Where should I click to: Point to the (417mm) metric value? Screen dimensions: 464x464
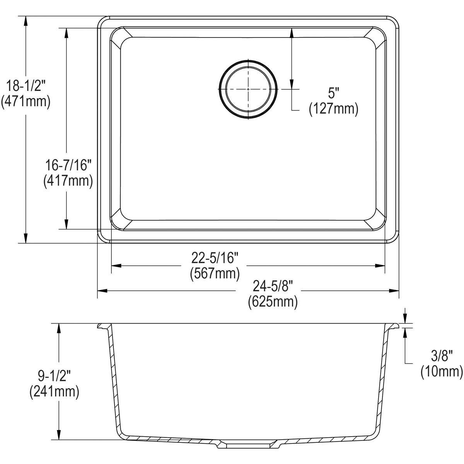coord(68,181)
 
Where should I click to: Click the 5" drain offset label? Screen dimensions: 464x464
coord(333,93)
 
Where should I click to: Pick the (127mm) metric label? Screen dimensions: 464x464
coord(333,109)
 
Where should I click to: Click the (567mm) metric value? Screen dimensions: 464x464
coord(215,273)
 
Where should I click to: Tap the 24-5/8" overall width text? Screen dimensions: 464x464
coord(273,286)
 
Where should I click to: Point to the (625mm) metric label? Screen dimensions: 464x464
coord(273,302)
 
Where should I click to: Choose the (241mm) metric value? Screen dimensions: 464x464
coord(54,392)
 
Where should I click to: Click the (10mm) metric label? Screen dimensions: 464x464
coord(441,372)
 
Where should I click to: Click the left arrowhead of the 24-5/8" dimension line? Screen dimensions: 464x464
coord(101,290)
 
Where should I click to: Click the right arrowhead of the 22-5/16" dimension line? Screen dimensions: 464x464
coord(380,266)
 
